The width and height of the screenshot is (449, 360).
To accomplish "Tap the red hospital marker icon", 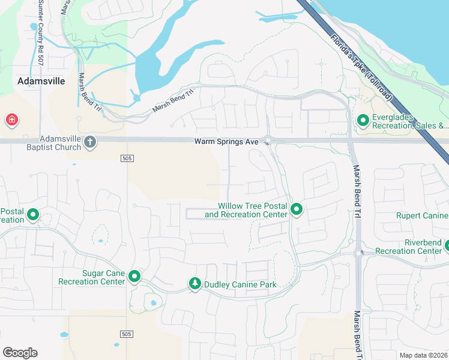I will [11, 121].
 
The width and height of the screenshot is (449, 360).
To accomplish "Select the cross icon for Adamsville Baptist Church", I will [90, 142].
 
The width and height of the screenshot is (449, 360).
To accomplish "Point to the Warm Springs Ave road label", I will [226, 142].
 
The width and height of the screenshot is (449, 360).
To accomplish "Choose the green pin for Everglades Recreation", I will [363, 121].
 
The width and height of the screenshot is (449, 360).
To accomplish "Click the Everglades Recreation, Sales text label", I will [410, 121].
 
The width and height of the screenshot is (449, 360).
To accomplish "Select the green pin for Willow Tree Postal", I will [296, 209].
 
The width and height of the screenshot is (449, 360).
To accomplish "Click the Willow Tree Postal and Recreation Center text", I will [246, 210].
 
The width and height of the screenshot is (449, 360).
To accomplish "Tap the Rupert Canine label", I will [422, 215].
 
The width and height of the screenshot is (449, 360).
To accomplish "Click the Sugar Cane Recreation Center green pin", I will [134, 277].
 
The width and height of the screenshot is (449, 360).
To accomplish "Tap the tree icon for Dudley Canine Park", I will [194, 283].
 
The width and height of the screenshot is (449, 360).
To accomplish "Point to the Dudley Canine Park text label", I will [240, 284].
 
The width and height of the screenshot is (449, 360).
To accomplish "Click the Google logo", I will [20, 352].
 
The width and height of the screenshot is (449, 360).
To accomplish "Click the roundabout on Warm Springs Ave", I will [268, 141].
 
